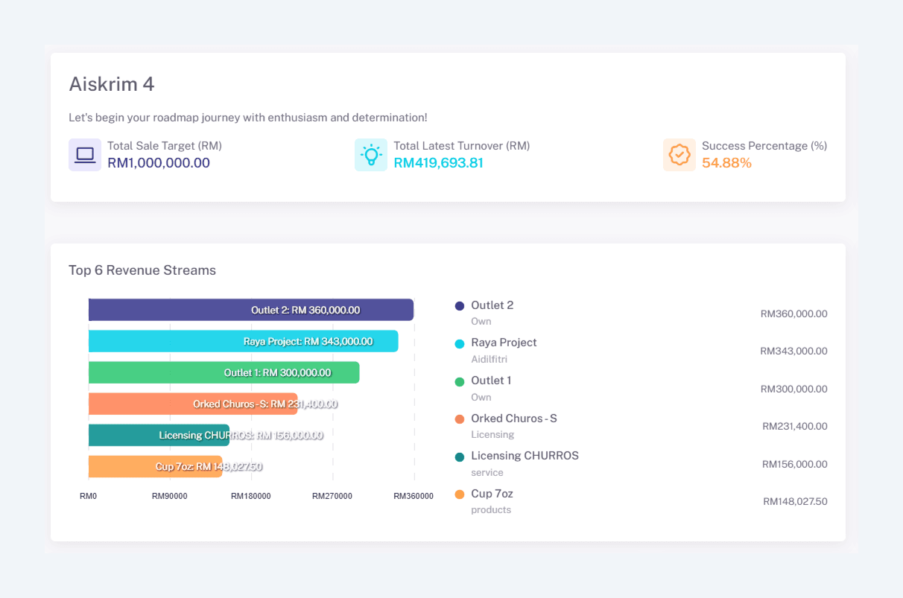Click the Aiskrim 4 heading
pos(112,84)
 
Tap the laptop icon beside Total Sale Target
pos(85,155)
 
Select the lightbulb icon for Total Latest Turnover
pos(371,155)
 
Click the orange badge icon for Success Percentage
pos(679,155)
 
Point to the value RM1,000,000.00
pos(159,163)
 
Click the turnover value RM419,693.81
pos(438,163)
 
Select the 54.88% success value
pos(726,163)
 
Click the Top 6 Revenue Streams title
pos(142,270)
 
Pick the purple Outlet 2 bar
pos(171,310)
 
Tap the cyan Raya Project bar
pos(164,341)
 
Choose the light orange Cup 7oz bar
pos(119,466)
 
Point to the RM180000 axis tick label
pos(251,496)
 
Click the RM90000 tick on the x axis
pos(170,496)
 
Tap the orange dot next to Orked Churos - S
pos(460,419)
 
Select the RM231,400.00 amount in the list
pos(794,427)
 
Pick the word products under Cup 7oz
pos(491,510)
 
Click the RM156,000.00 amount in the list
pos(794,464)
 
